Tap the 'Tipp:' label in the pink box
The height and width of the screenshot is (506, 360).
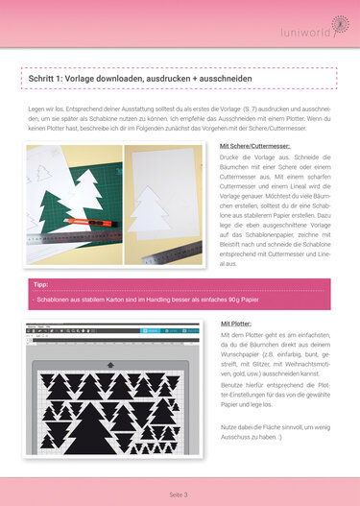(40, 285)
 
